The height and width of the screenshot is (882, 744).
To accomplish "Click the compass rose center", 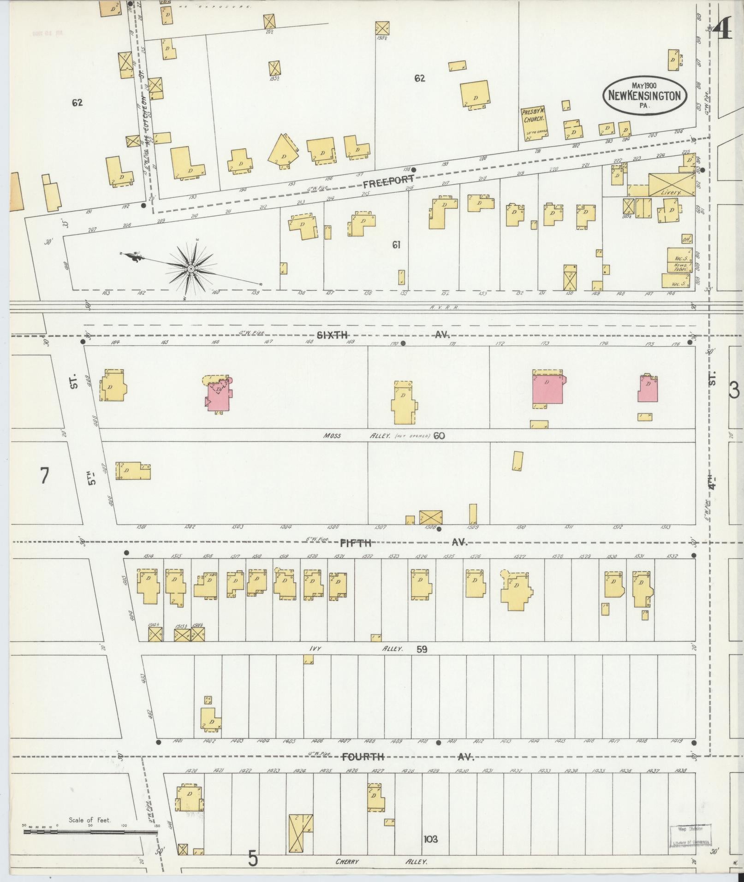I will coord(190,268).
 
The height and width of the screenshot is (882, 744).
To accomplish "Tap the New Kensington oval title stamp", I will coord(644,95).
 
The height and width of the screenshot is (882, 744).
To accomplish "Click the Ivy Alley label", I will coord(355,648).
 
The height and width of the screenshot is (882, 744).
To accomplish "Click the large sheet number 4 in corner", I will coord(722,31).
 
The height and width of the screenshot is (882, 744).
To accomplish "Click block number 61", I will coord(396,245).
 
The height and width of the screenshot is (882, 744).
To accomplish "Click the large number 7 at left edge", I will coord(44,475).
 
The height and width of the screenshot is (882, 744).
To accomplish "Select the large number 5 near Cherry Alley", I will coord(252,858).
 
